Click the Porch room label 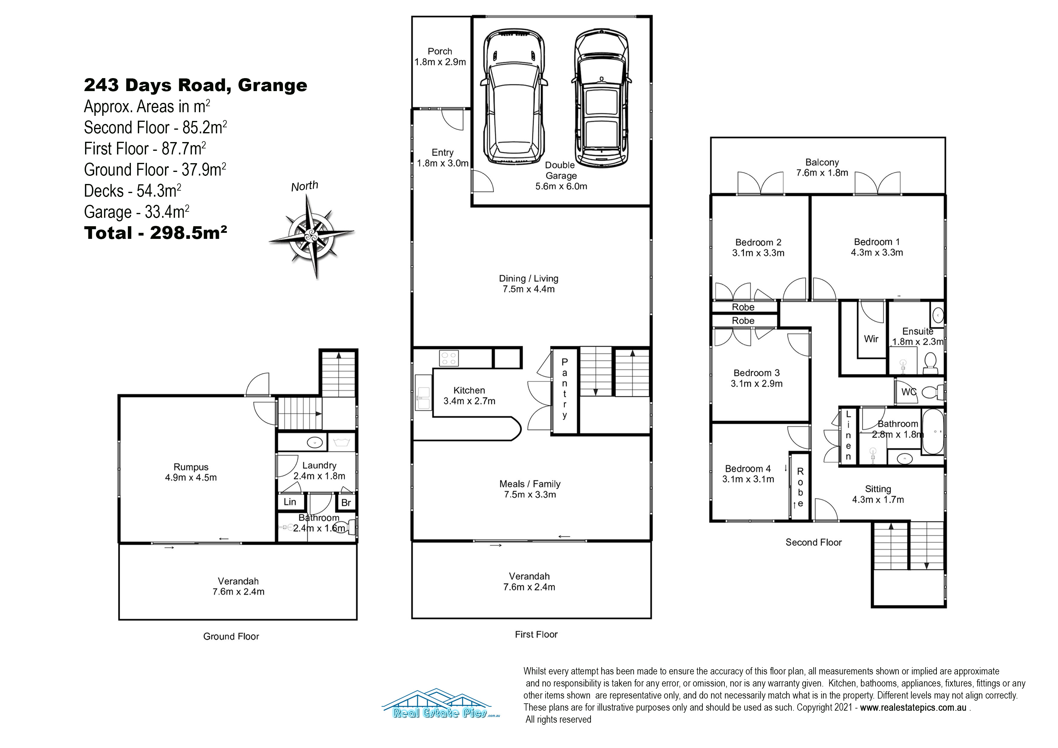440,51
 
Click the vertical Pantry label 565,388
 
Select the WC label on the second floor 909,392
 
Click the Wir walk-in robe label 871,339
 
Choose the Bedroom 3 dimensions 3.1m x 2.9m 757,383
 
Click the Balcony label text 822,162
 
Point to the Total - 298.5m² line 155,233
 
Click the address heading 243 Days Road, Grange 195,85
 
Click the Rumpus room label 191,467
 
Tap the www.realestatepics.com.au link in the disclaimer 913,708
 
